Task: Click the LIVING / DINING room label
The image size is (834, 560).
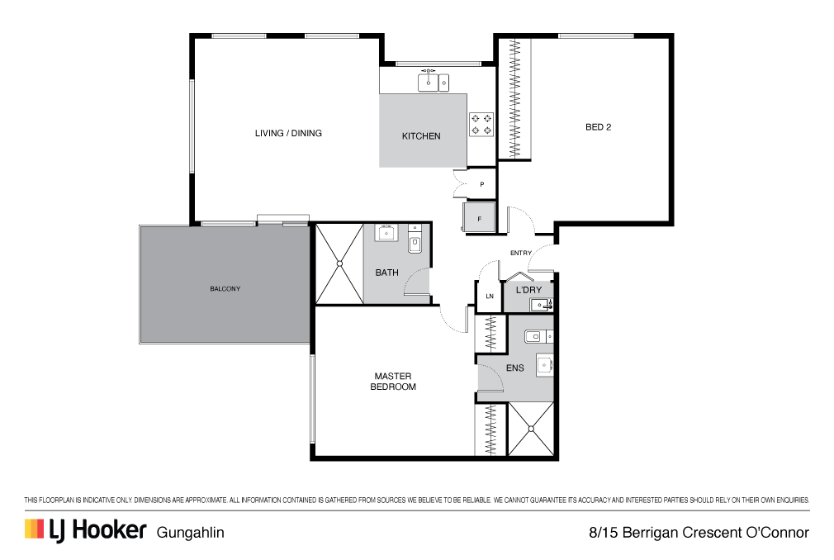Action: (x=288, y=133)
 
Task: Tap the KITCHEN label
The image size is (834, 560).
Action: (x=421, y=136)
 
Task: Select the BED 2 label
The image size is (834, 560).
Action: (x=599, y=127)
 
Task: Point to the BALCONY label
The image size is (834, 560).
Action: (x=225, y=289)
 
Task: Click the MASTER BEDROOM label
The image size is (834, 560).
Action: (x=393, y=382)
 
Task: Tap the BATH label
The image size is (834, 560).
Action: (x=386, y=273)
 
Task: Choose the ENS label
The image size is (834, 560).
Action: (x=515, y=368)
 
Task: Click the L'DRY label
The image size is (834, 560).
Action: (x=528, y=290)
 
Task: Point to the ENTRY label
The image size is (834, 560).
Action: (x=521, y=253)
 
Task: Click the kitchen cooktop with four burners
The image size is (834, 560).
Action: (x=481, y=125)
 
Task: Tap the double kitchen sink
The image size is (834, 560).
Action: (x=434, y=83)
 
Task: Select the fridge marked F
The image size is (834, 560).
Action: (x=479, y=217)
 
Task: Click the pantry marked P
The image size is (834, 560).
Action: (x=481, y=184)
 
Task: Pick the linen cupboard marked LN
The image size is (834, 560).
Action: (x=490, y=297)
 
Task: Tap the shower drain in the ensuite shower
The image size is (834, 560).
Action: (x=531, y=429)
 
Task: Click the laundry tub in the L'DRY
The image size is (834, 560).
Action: (x=542, y=305)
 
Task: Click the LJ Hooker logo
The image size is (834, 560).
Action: (x=85, y=530)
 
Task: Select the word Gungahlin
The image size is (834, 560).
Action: (x=191, y=533)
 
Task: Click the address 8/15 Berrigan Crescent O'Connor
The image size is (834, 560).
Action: (x=699, y=533)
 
